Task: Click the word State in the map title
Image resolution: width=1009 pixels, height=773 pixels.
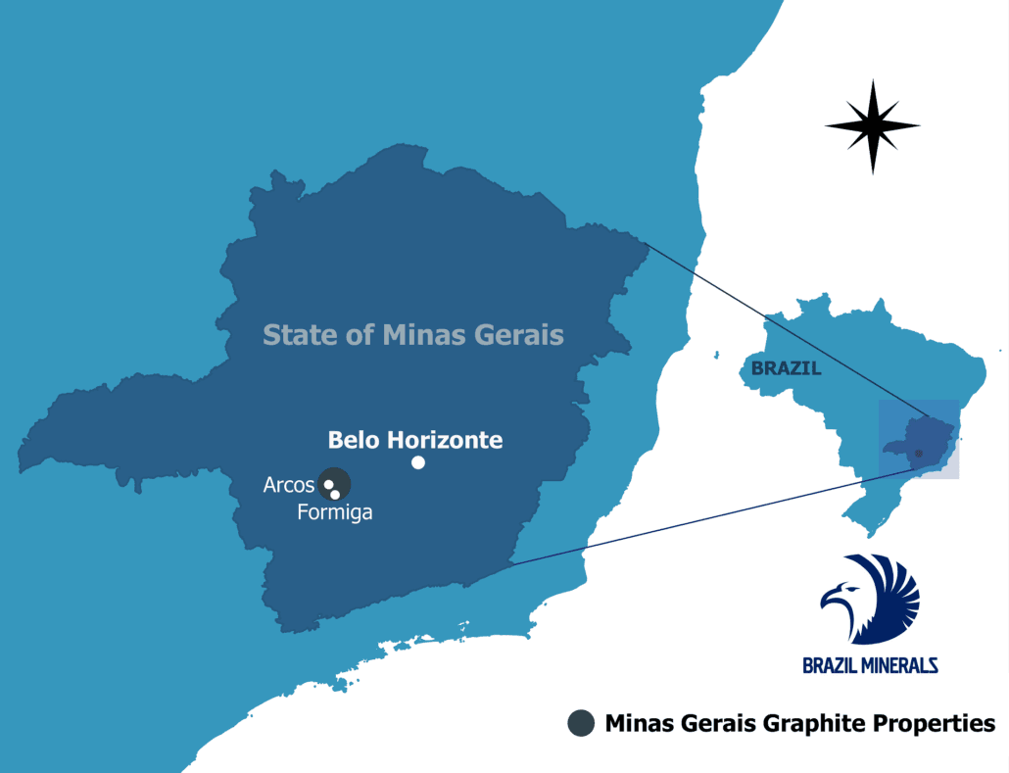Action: (293, 335)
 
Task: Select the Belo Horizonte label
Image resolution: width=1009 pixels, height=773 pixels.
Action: (414, 440)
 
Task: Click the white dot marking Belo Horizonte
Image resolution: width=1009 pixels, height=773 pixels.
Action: (418, 462)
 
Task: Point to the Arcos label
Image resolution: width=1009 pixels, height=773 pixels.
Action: (288, 485)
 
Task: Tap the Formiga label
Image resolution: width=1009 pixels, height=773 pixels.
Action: (335, 512)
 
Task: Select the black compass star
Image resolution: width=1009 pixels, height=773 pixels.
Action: (872, 126)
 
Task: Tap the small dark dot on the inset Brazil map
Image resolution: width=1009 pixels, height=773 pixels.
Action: (918, 454)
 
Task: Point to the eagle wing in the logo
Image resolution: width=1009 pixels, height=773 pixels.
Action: (891, 588)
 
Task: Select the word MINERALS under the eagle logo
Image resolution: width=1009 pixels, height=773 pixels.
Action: (895, 665)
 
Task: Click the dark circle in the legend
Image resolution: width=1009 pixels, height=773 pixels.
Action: (581, 724)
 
